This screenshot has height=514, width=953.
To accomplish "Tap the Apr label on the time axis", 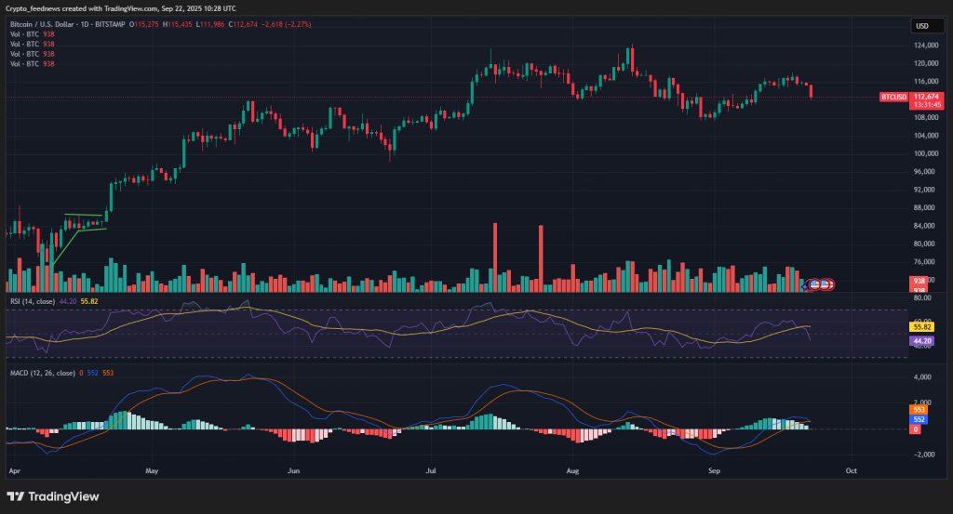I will [x=13, y=471].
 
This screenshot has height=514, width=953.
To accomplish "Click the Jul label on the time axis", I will [x=432, y=471].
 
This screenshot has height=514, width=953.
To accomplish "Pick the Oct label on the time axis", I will [x=850, y=471].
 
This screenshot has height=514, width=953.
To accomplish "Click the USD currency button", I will [x=923, y=26].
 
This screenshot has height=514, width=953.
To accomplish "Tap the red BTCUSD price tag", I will [x=893, y=97].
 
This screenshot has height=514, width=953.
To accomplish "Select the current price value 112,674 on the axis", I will [x=927, y=97].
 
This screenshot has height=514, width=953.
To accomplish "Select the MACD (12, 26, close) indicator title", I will [x=43, y=373].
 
